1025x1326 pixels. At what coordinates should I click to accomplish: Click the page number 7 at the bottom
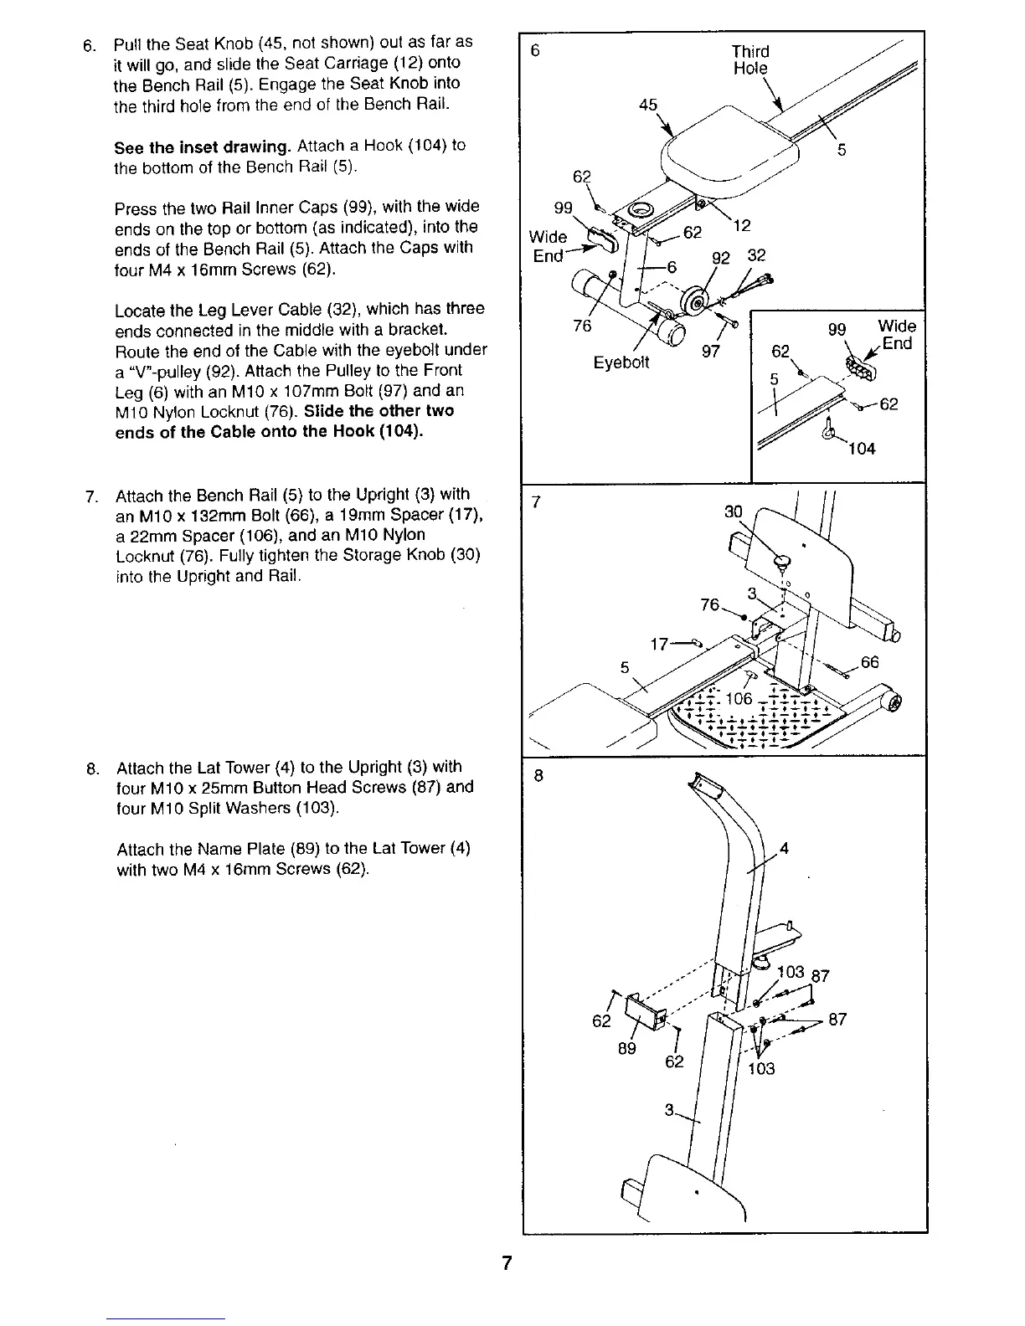pyautogui.click(x=507, y=1263)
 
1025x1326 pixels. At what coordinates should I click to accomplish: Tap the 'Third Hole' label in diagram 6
pyautogui.click(x=749, y=60)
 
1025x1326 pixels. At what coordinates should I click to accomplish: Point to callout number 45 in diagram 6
pyautogui.click(x=648, y=105)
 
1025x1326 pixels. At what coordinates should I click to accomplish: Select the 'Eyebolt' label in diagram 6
pyautogui.click(x=621, y=362)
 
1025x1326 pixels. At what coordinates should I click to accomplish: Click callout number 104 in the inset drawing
pyautogui.click(x=861, y=449)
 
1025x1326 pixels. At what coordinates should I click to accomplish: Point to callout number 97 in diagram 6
pyautogui.click(x=710, y=352)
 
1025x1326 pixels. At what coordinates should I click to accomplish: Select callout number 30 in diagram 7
pyautogui.click(x=733, y=511)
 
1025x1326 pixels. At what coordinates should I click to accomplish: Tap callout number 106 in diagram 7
pyautogui.click(x=739, y=699)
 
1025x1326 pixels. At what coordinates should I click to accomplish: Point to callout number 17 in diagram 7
pyautogui.click(x=660, y=645)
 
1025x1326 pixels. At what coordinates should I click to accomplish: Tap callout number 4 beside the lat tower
pyautogui.click(x=784, y=848)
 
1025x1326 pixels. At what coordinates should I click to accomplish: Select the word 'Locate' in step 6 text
pyautogui.click(x=138, y=310)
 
